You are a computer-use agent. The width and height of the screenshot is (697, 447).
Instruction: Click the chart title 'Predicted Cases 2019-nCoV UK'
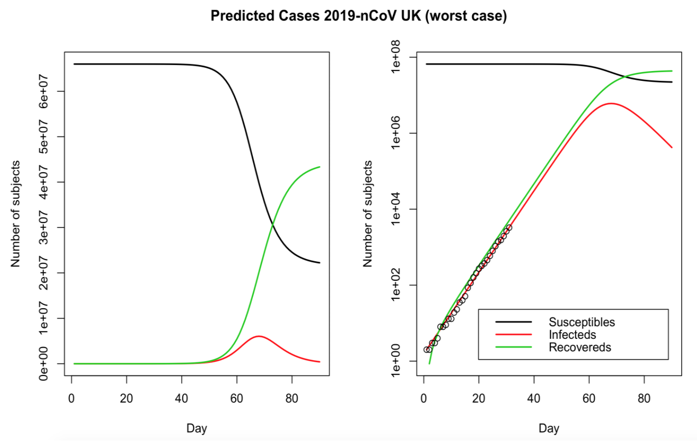pyautogui.click(x=359, y=17)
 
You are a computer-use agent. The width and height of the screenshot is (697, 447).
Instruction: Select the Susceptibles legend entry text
pyautogui.click(x=582, y=322)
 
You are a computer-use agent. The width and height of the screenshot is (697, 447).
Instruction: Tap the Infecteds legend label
pyautogui.click(x=572, y=334)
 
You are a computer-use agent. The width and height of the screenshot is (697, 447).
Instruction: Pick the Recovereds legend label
pyautogui.click(x=580, y=347)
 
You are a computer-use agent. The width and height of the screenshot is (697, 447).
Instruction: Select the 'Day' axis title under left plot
pyautogui.click(x=196, y=428)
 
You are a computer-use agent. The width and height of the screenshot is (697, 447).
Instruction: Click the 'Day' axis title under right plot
pyautogui.click(x=549, y=428)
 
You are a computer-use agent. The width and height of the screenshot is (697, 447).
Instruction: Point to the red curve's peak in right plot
pyautogui.click(x=611, y=103)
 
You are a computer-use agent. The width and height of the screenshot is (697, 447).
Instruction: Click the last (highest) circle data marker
pyautogui.click(x=509, y=227)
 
